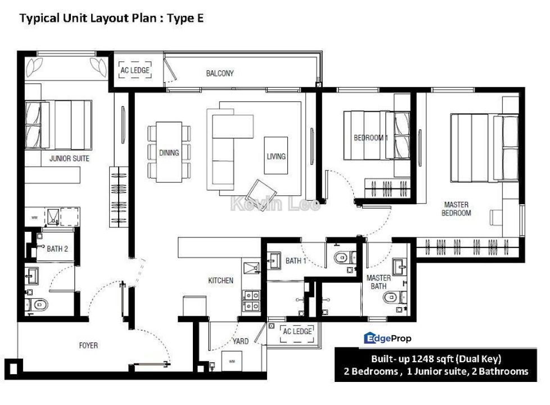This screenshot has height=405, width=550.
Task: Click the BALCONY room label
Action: pyautogui.click(x=219, y=73)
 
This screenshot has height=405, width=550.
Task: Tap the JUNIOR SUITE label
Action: pyautogui.click(x=69, y=158)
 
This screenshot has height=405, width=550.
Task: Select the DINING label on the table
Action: pyautogui.click(x=169, y=152)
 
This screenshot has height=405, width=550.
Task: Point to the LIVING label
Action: pyautogui.click(x=276, y=156)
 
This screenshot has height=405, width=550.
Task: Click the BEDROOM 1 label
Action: pyautogui.click(x=371, y=138)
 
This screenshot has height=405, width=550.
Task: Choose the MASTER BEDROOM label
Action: pyautogui.click(x=456, y=209)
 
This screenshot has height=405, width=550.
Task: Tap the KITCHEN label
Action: pyautogui.click(x=220, y=281)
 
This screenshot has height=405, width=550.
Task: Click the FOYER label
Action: pyautogui.click(x=88, y=345)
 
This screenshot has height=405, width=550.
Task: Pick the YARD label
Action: pyautogui.click(x=240, y=341)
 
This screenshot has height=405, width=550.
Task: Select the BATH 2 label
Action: pyautogui.click(x=57, y=249)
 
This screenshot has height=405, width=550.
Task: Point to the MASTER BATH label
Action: pyautogui.click(x=378, y=282)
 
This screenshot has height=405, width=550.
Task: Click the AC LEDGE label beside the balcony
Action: pyautogui.click(x=135, y=70)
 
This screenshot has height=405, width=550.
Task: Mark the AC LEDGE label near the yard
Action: pyautogui.click(x=297, y=331)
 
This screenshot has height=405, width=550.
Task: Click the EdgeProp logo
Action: pyautogui.click(x=387, y=338)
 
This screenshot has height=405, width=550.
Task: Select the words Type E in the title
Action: pyautogui.click(x=185, y=18)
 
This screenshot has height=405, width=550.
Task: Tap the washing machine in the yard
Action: pyautogui.click(x=232, y=361)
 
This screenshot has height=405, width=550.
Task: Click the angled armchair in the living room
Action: pyautogui.click(x=260, y=192)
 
